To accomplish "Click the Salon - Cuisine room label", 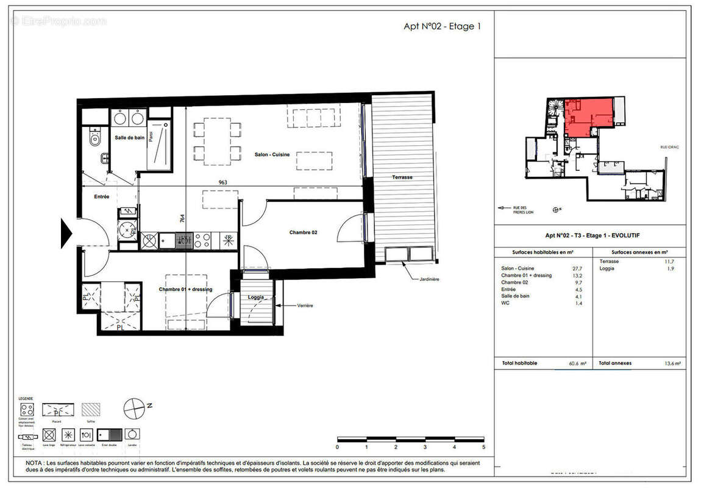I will (x=272, y=155).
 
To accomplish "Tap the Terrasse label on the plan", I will (x=402, y=178).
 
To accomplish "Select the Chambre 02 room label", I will (x=303, y=232).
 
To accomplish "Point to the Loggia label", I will (x=256, y=298).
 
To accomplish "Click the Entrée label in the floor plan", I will (x=101, y=196).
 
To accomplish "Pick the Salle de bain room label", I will (x=130, y=138).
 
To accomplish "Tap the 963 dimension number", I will (x=227, y=182).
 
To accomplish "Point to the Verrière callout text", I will (x=305, y=305).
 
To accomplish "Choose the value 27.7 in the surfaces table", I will (x=577, y=268).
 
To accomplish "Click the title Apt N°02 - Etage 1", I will (x=442, y=27).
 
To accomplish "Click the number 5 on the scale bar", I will (x=483, y=447).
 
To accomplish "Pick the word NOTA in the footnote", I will (x=34, y=463).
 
